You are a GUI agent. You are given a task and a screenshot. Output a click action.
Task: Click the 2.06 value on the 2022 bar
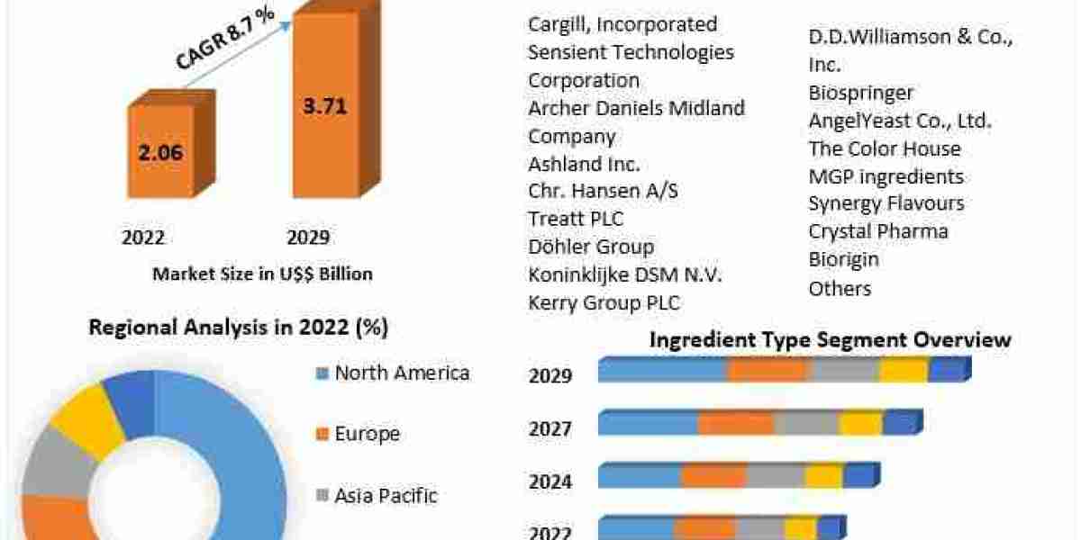coord(161,152)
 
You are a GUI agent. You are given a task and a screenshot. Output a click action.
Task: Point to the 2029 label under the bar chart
coord(307,238)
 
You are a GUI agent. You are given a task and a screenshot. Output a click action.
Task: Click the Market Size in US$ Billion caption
coord(262,274)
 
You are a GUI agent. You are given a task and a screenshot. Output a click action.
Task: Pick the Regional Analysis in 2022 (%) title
coord(238,328)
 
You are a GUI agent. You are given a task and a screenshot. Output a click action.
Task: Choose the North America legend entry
coord(401,373)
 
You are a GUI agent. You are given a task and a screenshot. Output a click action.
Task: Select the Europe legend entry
coord(367,434)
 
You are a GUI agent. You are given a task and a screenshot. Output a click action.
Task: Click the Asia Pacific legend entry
coord(386,495)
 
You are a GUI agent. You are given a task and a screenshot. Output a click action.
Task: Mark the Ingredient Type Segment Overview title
coord(830,340)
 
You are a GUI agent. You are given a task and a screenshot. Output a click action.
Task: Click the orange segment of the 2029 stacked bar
coord(768,371)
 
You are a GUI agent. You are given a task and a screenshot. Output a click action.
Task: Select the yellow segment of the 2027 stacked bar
coord(860,424)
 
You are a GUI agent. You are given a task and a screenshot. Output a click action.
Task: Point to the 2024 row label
coord(550,482)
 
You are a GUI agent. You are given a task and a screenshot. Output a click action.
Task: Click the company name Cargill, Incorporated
coord(622,24)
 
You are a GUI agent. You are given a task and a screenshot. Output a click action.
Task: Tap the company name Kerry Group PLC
coord(604,302)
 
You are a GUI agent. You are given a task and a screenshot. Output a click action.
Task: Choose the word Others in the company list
coord(840,288)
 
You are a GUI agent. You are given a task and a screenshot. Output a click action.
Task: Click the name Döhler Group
coord(591,247)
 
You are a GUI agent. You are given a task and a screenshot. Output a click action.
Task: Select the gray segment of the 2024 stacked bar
coord(775,477)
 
